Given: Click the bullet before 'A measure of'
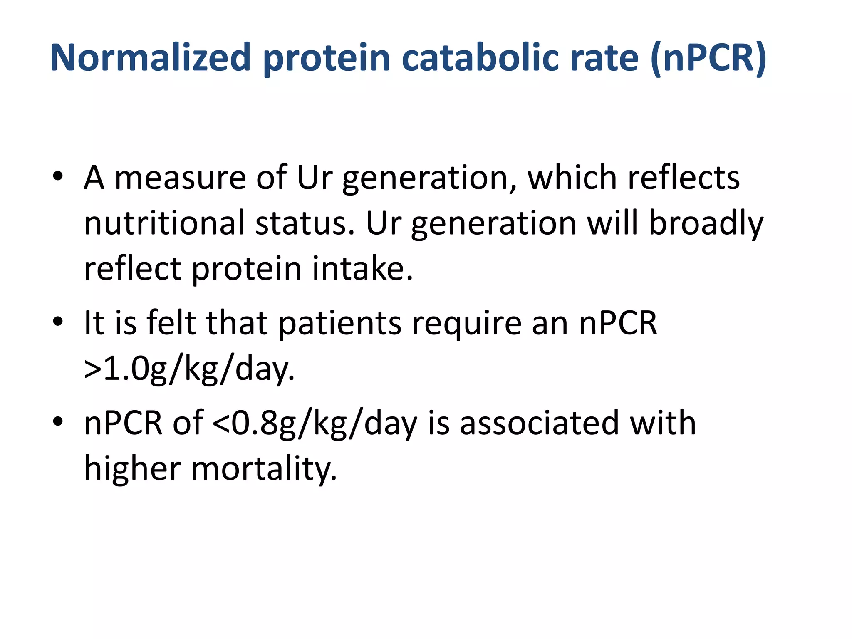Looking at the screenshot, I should point(58,177).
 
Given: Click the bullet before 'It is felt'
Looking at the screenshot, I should point(58,322).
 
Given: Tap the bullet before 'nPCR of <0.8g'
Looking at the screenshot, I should point(58,422).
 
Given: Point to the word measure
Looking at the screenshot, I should point(180,178).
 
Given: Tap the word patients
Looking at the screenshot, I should point(339,324).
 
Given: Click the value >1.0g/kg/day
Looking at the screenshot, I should point(189,369).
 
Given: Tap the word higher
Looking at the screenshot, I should point(132,469).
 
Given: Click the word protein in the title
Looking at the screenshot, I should point(326,58).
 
